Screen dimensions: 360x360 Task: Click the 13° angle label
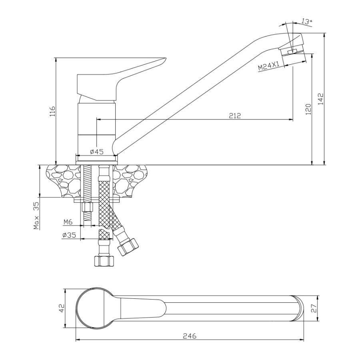click(307, 22)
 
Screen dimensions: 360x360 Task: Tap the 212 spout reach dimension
click(235, 116)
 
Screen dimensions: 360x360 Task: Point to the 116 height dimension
click(52, 111)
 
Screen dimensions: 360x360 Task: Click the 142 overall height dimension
click(321, 99)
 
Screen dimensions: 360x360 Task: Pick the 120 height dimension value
click(308, 109)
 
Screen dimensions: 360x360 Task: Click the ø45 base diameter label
click(97, 152)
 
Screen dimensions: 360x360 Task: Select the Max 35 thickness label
click(36, 216)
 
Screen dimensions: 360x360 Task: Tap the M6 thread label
click(68, 222)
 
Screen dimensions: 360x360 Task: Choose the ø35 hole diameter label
click(69, 235)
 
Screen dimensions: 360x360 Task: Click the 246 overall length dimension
click(190, 336)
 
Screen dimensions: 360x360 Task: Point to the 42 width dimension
click(62, 308)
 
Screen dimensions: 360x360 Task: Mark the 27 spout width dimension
click(314, 308)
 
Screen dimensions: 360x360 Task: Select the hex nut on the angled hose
click(128, 247)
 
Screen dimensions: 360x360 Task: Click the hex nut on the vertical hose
click(104, 261)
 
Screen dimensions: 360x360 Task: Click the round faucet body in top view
click(94, 308)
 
